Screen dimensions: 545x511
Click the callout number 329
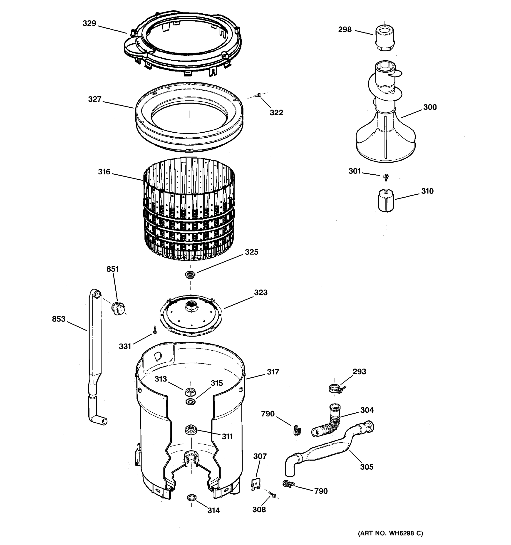[x=89, y=24]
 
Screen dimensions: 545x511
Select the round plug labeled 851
[x=118, y=309]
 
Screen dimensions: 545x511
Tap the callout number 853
[x=59, y=319]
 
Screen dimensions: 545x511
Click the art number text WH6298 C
[x=390, y=533]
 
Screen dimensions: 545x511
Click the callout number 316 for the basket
[x=104, y=172]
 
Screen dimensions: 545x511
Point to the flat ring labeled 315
[x=190, y=402]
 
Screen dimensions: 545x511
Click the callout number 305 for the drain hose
[x=367, y=467]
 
